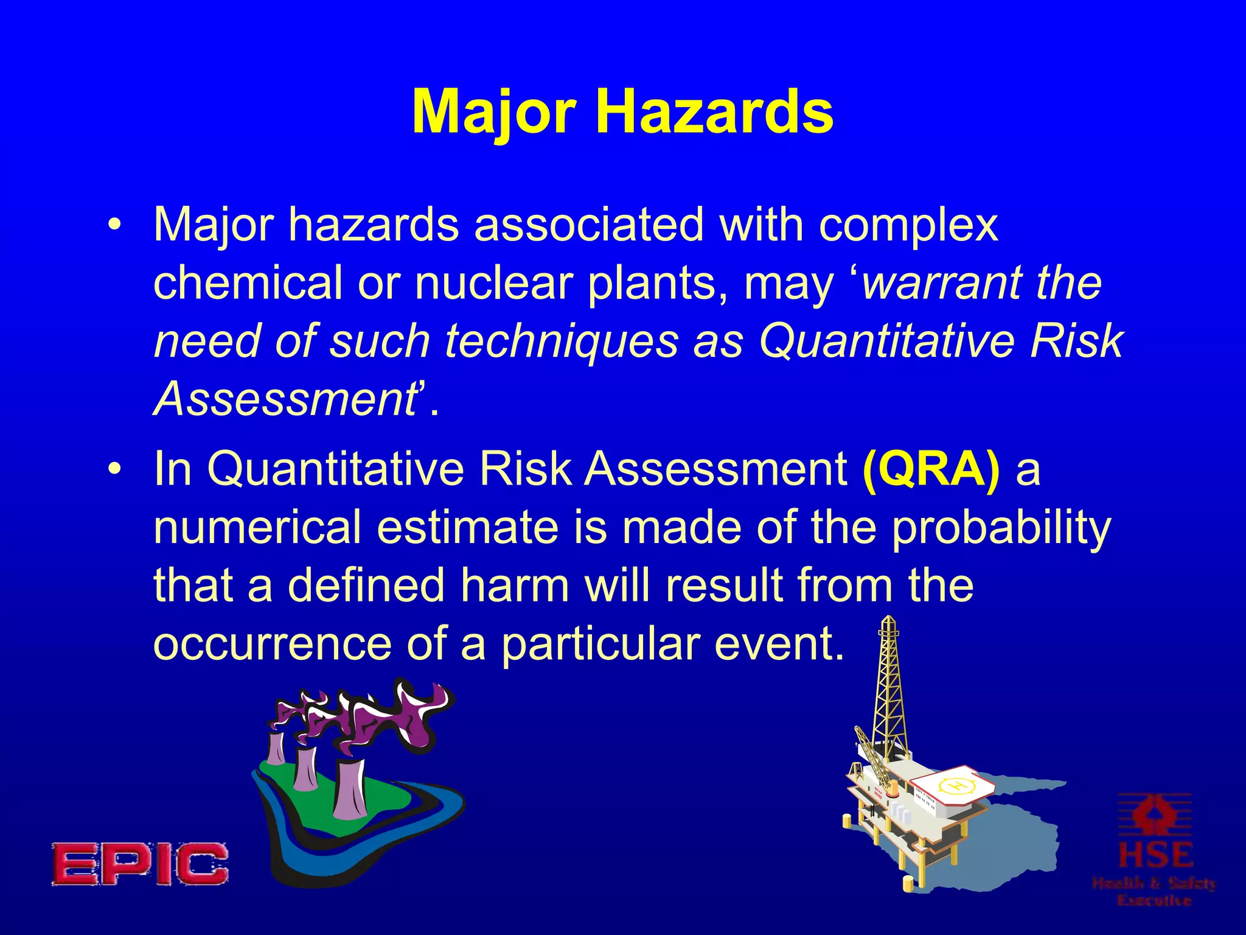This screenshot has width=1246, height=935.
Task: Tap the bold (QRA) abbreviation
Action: (931, 469)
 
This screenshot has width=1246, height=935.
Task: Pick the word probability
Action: (1001, 528)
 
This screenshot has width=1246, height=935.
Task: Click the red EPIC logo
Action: (140, 863)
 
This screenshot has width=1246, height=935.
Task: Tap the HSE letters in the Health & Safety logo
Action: (1155, 855)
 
